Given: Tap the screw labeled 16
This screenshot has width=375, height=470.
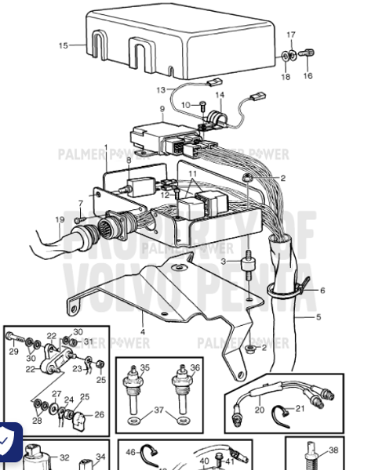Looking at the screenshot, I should click(x=308, y=54).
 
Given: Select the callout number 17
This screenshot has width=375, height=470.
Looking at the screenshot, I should click(x=291, y=35).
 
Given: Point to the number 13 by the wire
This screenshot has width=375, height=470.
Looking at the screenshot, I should click(x=161, y=90).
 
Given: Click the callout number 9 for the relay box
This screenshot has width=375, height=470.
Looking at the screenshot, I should click(x=162, y=110).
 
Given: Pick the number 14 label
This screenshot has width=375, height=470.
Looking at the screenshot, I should click(x=220, y=95).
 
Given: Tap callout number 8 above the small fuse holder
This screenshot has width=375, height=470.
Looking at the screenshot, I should click(x=129, y=160).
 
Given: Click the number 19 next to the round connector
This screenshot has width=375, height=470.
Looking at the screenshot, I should click(x=60, y=219).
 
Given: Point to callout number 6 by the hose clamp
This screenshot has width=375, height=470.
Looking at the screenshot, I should click(x=322, y=290).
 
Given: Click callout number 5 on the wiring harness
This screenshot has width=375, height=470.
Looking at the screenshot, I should click(x=319, y=317).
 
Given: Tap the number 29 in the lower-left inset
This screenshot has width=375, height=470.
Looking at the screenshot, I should click(x=13, y=352).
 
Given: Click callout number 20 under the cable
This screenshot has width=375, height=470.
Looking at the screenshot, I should click(x=260, y=409).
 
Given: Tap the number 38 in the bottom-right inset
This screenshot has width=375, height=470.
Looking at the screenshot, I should click(x=333, y=450).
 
